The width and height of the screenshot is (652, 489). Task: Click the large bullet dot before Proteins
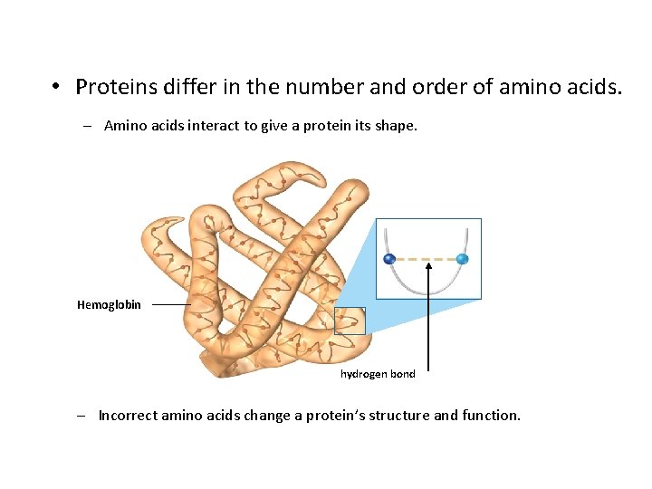[x=56, y=88]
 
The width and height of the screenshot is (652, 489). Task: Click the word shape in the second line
[x=395, y=126]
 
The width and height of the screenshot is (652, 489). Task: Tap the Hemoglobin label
[x=109, y=305]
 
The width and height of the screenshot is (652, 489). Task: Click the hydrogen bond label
[x=378, y=373]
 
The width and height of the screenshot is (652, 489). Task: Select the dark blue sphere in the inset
[x=389, y=259]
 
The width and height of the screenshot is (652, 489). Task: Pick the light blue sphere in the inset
[x=462, y=259]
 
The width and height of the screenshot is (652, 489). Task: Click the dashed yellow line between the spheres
[x=426, y=259]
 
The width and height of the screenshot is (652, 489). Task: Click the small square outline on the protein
[x=350, y=321]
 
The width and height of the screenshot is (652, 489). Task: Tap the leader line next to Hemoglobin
[x=169, y=305]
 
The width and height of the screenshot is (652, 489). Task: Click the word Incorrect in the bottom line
[x=128, y=416]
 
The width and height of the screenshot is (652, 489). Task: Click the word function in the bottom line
[x=490, y=416]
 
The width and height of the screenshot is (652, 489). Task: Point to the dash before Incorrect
[x=81, y=416]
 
